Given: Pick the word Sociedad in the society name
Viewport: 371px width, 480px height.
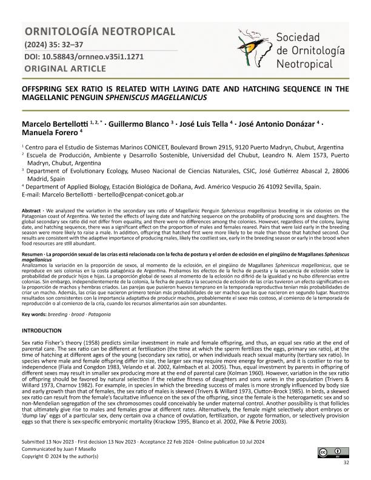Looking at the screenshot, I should click(301, 36).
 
